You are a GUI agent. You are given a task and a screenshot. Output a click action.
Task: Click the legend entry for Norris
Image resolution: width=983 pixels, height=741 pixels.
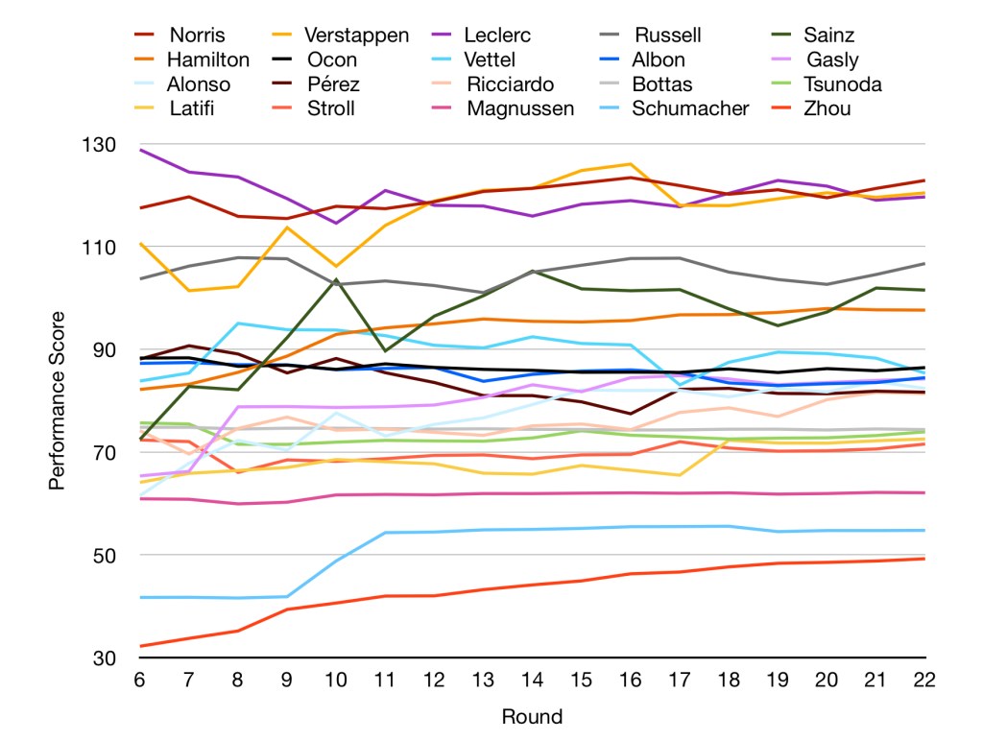click(197, 36)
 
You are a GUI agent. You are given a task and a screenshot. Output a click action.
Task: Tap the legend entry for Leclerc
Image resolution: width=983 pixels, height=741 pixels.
click(498, 36)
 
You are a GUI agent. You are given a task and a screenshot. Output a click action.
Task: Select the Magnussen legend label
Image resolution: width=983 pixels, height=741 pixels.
click(520, 108)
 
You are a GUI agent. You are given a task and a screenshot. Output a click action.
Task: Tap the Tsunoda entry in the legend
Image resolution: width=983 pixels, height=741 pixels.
click(844, 84)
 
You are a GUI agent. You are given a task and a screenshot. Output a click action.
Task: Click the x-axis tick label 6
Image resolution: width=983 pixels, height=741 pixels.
click(140, 680)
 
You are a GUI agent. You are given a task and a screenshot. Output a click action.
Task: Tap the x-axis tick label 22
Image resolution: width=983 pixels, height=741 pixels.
click(924, 680)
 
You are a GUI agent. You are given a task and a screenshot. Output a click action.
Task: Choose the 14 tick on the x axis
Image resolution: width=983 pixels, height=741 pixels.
click(532, 680)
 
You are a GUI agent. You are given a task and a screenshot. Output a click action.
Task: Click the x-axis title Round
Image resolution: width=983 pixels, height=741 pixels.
click(532, 716)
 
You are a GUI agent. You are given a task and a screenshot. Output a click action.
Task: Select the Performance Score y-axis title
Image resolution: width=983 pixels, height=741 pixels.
click(58, 400)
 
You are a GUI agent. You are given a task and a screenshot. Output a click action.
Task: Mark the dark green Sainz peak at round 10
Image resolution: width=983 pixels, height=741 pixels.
click(336, 279)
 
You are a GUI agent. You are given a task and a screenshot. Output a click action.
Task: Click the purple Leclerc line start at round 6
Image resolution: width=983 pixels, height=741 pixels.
click(140, 150)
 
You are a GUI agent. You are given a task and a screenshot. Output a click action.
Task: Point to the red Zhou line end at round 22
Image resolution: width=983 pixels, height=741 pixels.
click(924, 559)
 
